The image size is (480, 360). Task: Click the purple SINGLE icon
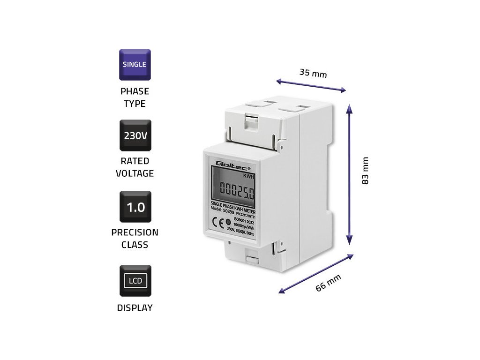click(x=135, y=64)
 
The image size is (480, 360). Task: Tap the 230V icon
click(x=135, y=136)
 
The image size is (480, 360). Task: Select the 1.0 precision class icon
click(x=135, y=207)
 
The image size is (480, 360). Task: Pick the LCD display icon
click(x=135, y=281)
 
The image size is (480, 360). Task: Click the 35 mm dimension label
click(x=313, y=73)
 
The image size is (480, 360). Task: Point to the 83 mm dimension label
click(x=366, y=171)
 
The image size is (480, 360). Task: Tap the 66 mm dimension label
click(x=328, y=283)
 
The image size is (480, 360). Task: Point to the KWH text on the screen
click(x=249, y=176)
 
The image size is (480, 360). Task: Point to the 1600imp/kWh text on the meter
click(x=246, y=225)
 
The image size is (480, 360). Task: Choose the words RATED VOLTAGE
click(x=135, y=167)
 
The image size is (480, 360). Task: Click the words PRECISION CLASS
click(x=135, y=238)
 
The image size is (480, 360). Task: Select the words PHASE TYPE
click(x=135, y=97)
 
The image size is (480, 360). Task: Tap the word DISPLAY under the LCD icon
click(x=135, y=308)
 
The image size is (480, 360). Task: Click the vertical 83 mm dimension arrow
click(x=349, y=173)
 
